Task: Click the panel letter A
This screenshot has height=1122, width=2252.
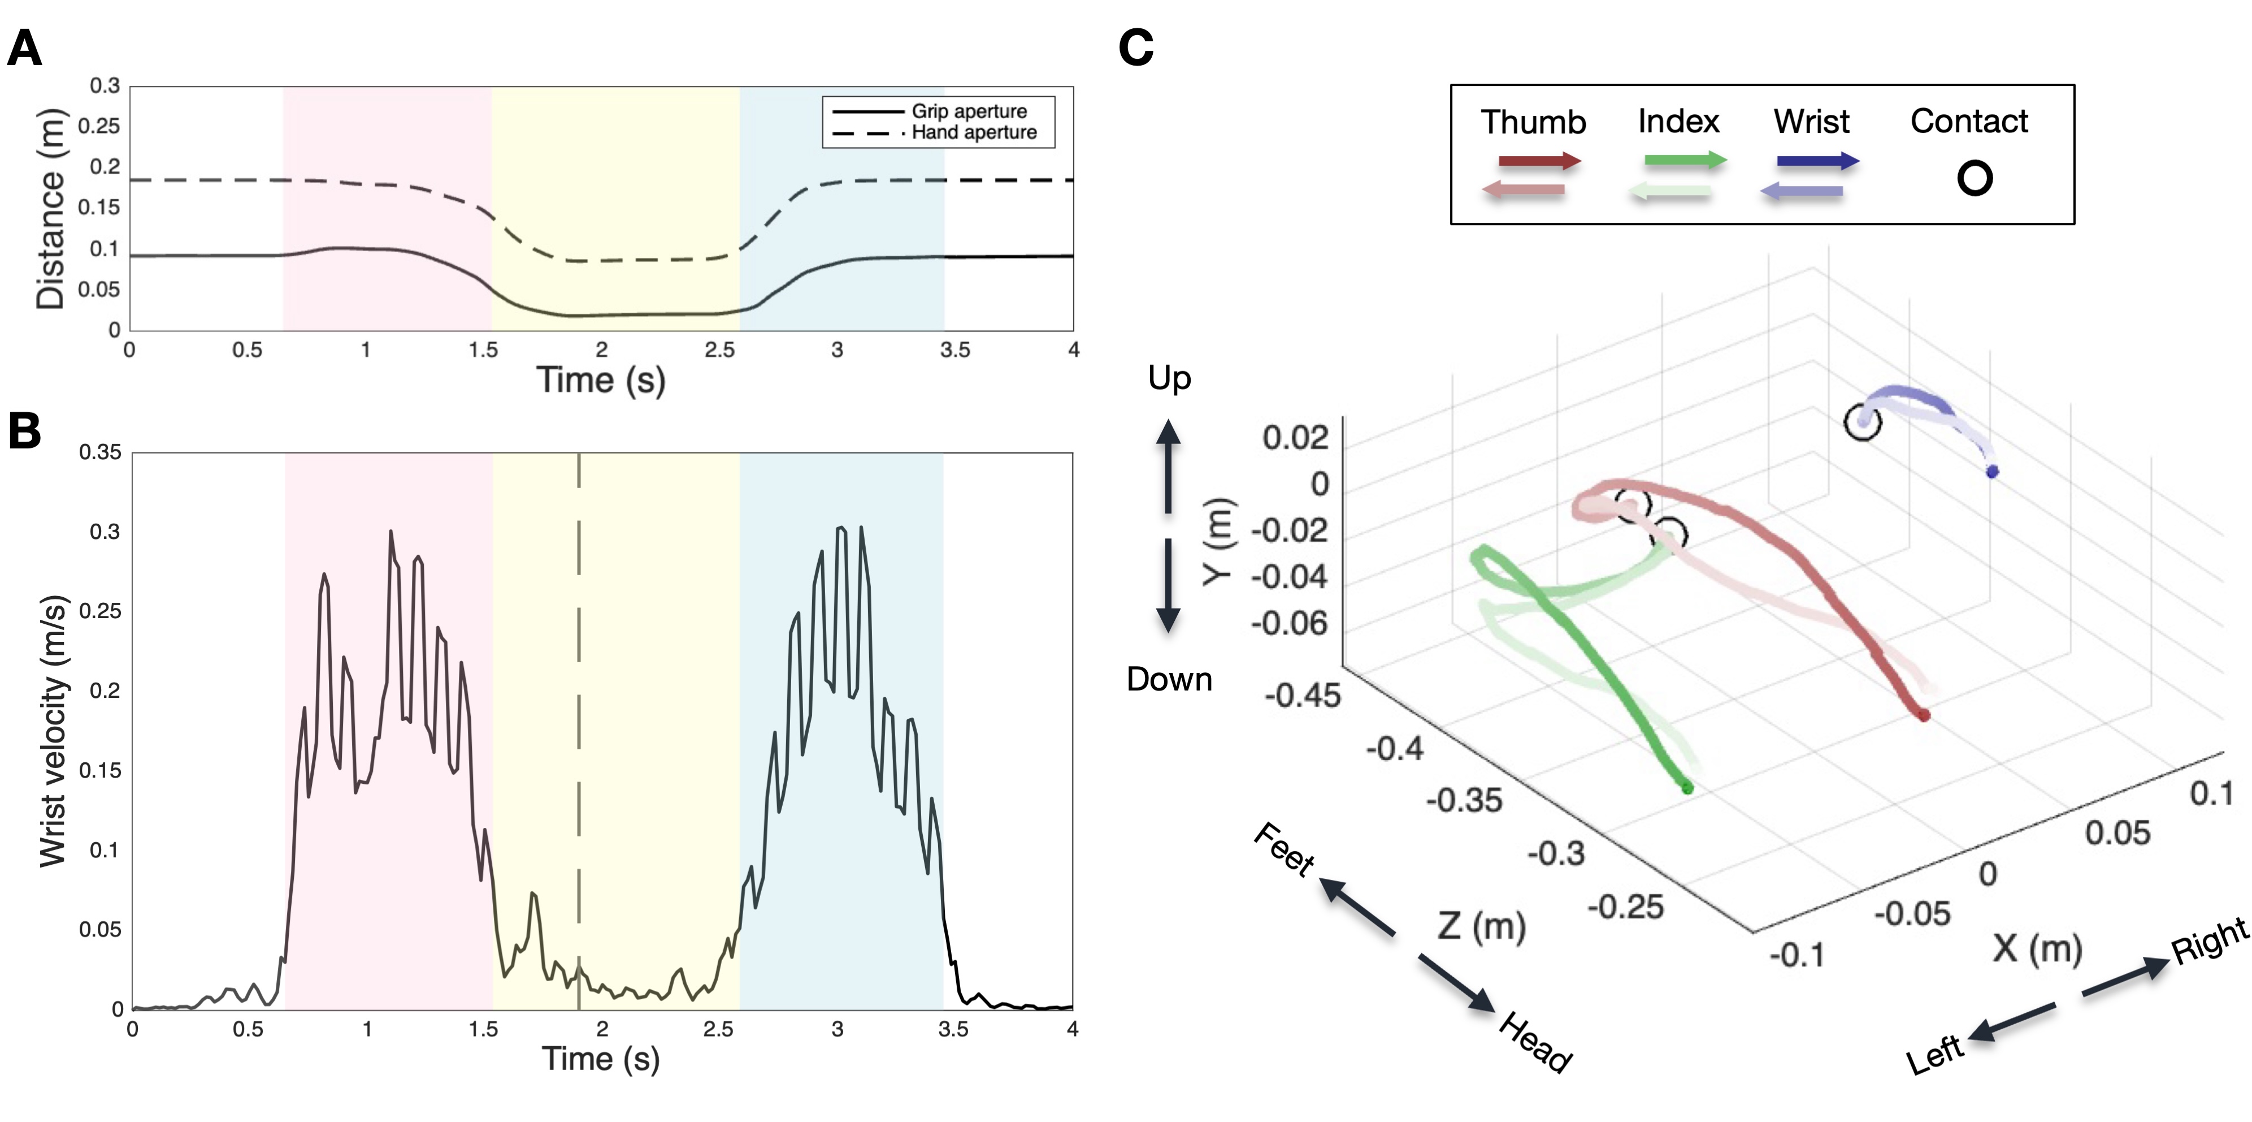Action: pyautogui.click(x=24, y=49)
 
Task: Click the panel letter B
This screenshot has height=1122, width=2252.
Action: pyautogui.click(x=24, y=430)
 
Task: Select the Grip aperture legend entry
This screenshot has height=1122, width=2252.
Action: pyautogui.click(x=969, y=111)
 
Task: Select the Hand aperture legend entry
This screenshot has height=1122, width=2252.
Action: pyautogui.click(x=973, y=133)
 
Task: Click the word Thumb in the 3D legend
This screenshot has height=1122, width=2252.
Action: pyautogui.click(x=1533, y=122)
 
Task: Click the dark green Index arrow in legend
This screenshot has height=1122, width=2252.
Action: pyautogui.click(x=1685, y=160)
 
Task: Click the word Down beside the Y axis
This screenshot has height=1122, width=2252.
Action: pyautogui.click(x=1169, y=680)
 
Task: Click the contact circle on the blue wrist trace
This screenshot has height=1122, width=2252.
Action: pyautogui.click(x=1862, y=422)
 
